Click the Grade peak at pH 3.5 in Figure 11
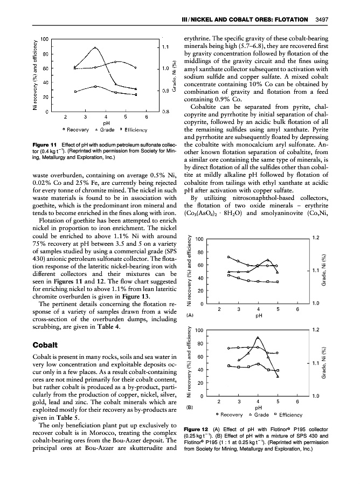pyautogui.click(x=95, y=47)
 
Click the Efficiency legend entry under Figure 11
pyautogui.click(x=134, y=130)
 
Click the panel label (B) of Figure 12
pyautogui.click(x=189, y=407)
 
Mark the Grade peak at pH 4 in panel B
pyautogui.click(x=258, y=338)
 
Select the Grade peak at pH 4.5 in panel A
pyautogui.click(x=268, y=260)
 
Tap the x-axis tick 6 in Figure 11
pyautogui.click(x=147, y=116)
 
